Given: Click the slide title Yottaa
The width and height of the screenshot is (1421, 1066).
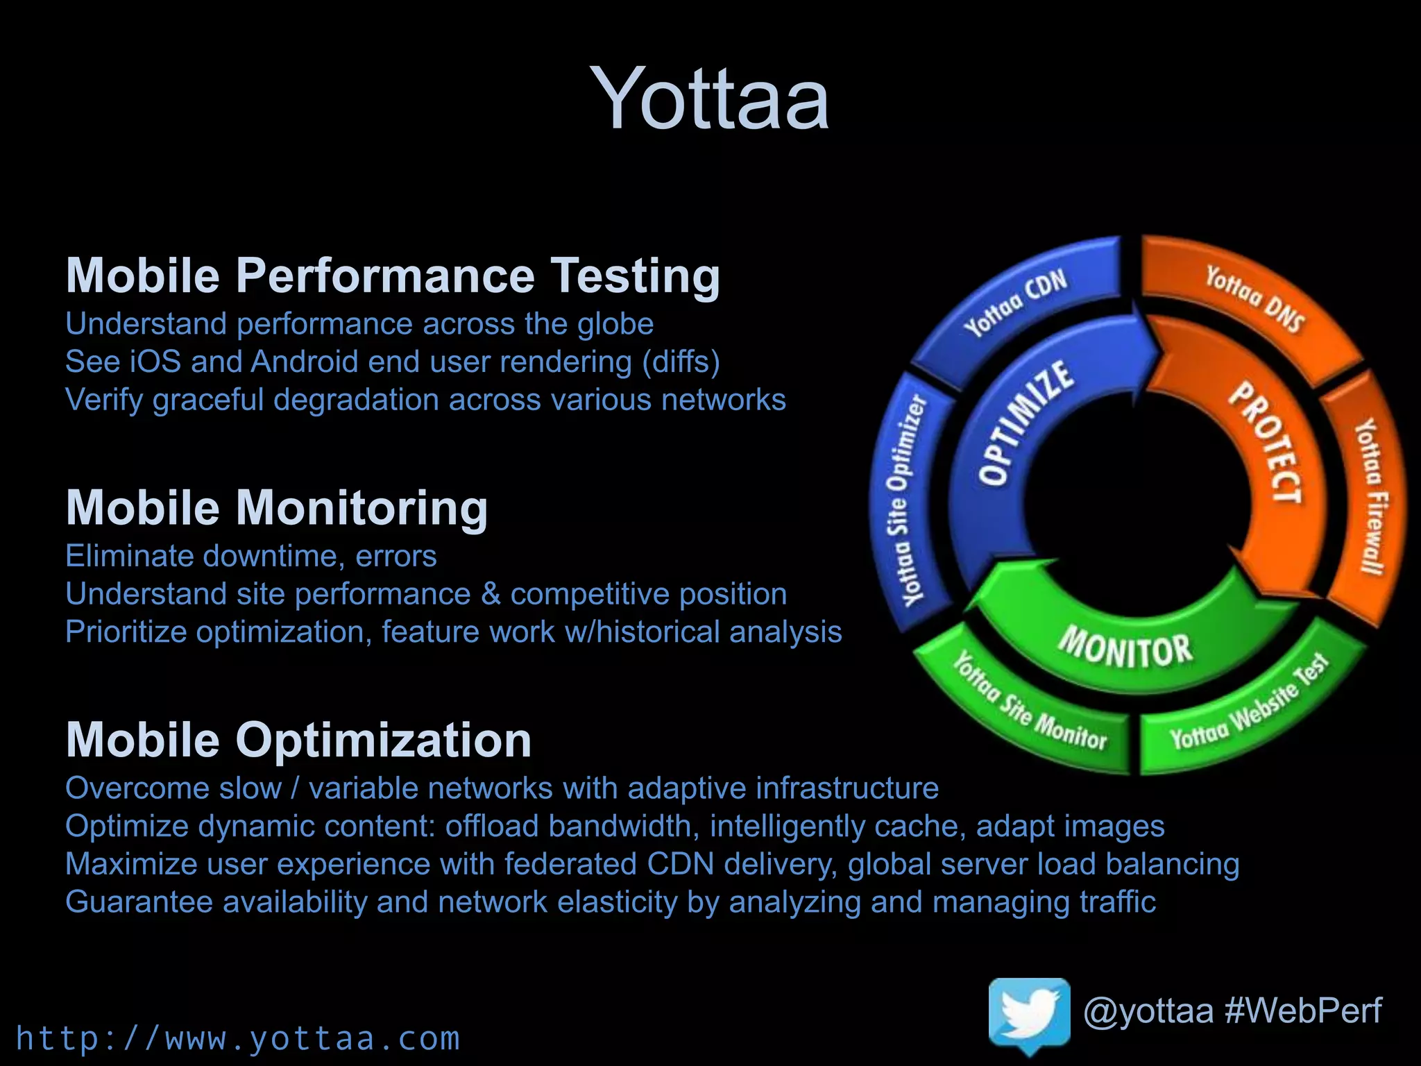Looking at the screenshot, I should tap(709, 99).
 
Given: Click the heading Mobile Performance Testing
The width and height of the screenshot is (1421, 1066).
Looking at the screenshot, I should tap(393, 276).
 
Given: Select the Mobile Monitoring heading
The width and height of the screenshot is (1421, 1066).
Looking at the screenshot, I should tap(277, 508).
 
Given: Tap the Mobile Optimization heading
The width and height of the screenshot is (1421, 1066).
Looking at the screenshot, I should tap(298, 740).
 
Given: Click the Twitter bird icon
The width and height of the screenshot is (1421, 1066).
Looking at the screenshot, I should tap(1029, 1017).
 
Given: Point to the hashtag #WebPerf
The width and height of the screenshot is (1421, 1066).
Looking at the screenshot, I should tap(1303, 1010).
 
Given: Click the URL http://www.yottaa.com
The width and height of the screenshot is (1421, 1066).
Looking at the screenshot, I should tap(238, 1039).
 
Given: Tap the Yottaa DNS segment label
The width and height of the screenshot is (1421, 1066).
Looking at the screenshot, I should tap(1254, 298).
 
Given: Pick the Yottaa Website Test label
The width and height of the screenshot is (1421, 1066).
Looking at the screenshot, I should tap(1249, 706).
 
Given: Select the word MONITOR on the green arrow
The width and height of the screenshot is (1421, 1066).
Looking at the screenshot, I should tap(1125, 648).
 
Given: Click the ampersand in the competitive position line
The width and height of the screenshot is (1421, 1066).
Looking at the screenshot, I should tap(491, 595).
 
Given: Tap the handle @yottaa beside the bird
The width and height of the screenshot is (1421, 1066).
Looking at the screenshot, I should tap(1148, 1010).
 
